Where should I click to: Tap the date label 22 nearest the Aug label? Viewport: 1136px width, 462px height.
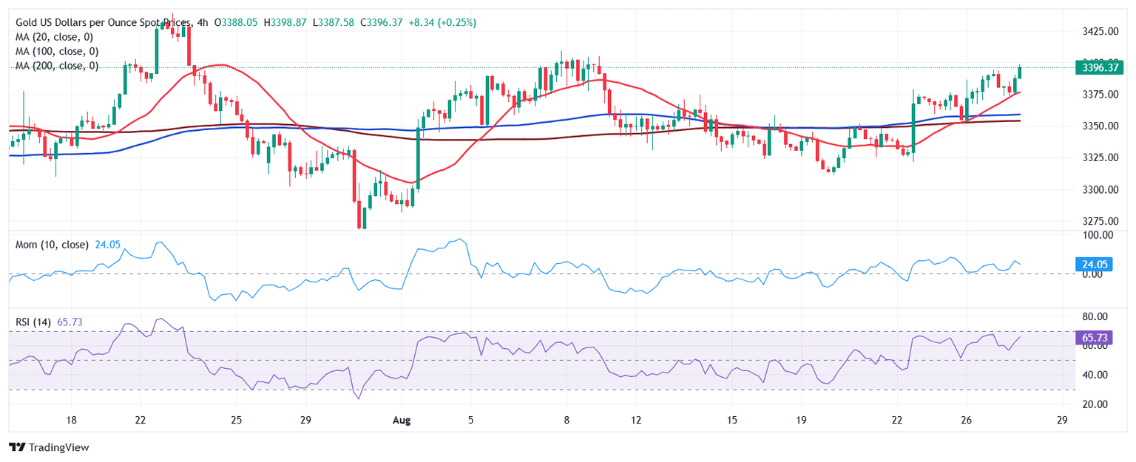coord(140,420)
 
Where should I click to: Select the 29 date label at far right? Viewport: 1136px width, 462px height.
coord(1062,420)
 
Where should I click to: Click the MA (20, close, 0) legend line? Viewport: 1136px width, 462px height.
coord(57,37)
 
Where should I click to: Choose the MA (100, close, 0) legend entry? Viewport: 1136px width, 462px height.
coord(57,52)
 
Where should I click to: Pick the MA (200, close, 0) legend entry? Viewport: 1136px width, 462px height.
coord(57,66)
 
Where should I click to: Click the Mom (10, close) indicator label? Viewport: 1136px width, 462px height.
coord(52,245)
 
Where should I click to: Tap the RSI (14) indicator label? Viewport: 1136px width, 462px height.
coord(33,322)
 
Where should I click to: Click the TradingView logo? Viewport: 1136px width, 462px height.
coord(49,447)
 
